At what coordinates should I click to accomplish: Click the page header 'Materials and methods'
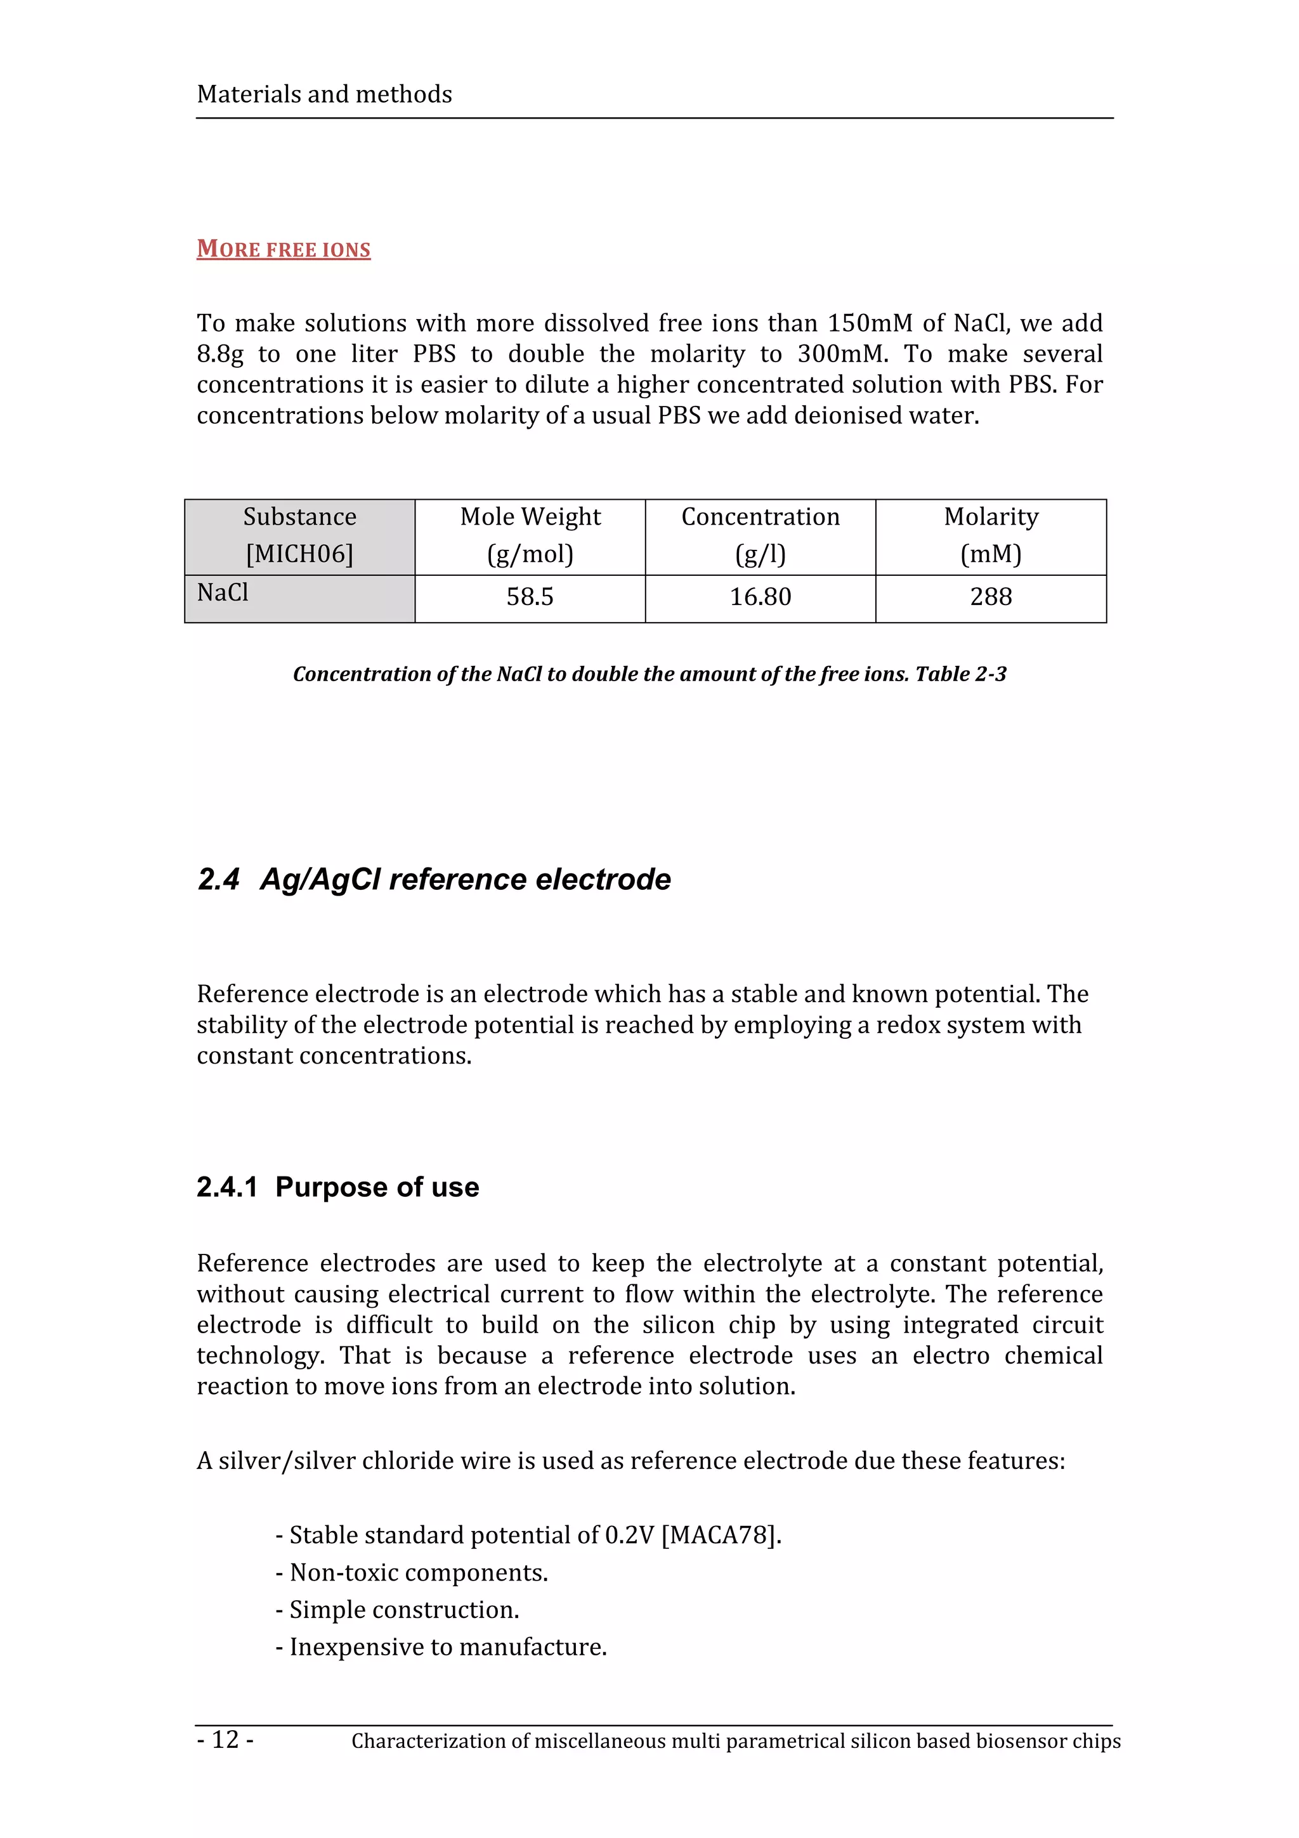tap(324, 95)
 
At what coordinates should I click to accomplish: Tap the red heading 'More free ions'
tap(284, 249)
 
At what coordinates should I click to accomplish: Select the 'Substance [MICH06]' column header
tap(299, 535)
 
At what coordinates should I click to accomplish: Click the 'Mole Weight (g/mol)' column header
tap(530, 535)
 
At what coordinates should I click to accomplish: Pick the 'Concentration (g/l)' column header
tap(760, 535)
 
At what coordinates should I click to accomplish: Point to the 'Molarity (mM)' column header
tap(991, 535)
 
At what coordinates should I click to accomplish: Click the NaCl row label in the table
tap(223, 592)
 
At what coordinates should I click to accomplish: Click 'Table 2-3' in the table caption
tap(960, 674)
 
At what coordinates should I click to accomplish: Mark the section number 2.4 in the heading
tap(218, 879)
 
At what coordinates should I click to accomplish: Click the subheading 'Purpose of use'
tap(377, 1187)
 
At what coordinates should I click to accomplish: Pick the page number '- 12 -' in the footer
tap(226, 1738)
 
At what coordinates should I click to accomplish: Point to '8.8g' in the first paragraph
tap(220, 354)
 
